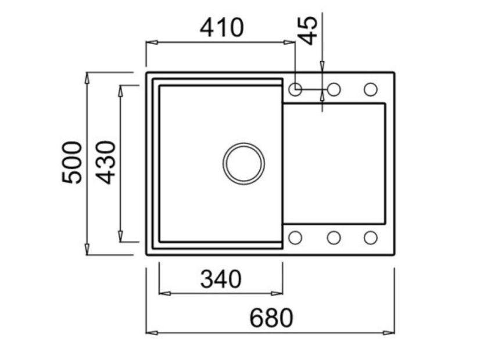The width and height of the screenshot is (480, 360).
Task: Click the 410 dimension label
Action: pos(221,27)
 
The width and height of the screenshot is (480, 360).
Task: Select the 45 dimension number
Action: pos(309,30)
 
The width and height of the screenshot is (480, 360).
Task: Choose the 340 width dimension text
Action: pos(221,279)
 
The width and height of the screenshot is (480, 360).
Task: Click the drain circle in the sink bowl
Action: pos(243,163)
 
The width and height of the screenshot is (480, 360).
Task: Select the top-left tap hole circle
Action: pos(295,89)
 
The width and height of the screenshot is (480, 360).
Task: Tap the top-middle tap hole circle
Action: pos(334,89)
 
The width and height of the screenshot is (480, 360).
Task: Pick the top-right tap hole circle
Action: pos(370,89)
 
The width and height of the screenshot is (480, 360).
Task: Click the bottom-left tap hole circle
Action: pos(295,237)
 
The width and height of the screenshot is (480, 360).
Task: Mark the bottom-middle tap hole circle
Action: pos(334,237)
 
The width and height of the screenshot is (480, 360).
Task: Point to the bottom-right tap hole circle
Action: pos(370,237)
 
